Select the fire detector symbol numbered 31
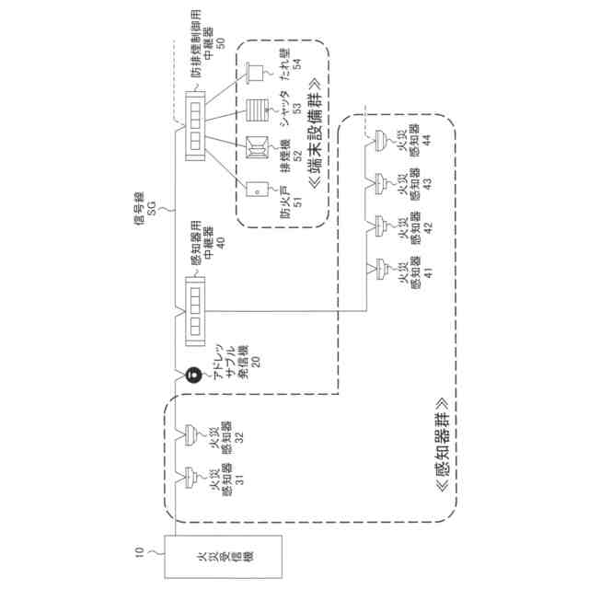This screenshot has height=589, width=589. tap(191, 476)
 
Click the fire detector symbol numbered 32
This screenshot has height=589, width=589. tap(191, 432)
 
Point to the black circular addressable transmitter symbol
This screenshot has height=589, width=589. tap(194, 375)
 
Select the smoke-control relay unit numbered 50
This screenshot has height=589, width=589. tap(196, 128)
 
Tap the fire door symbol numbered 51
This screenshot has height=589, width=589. tap(257, 189)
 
